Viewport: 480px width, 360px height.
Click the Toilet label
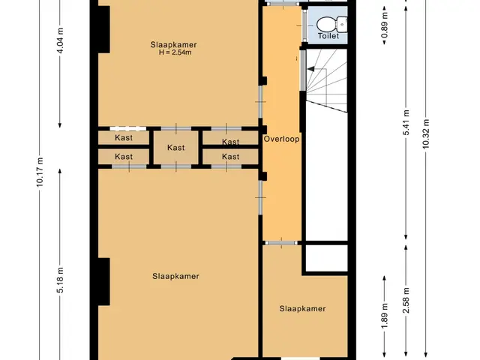pos(328,36)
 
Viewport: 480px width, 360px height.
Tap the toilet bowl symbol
pos(331,24)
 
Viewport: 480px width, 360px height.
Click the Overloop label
pos(282,139)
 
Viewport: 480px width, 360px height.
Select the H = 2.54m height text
pos(175,52)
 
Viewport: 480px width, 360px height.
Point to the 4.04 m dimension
pos(60,40)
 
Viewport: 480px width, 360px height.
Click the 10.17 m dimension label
pos(40,172)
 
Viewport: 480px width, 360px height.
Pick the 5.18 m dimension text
pos(60,280)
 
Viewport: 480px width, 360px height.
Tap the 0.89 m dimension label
pos(385,25)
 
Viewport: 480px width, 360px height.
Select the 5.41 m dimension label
pos(406,122)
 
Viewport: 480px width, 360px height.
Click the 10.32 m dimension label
pos(426,133)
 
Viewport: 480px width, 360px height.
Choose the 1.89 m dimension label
pos(385,316)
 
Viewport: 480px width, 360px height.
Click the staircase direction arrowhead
pos(310,69)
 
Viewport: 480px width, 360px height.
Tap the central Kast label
pos(176,148)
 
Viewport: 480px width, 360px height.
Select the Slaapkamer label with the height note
pos(173,45)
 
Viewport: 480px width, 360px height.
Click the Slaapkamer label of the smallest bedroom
pos(302,308)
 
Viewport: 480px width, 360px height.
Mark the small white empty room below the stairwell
pos(327,258)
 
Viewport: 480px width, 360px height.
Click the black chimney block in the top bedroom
pos(103,29)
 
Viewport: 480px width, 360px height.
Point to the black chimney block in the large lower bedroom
pos(103,282)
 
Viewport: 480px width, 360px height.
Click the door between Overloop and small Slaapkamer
pos(281,243)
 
